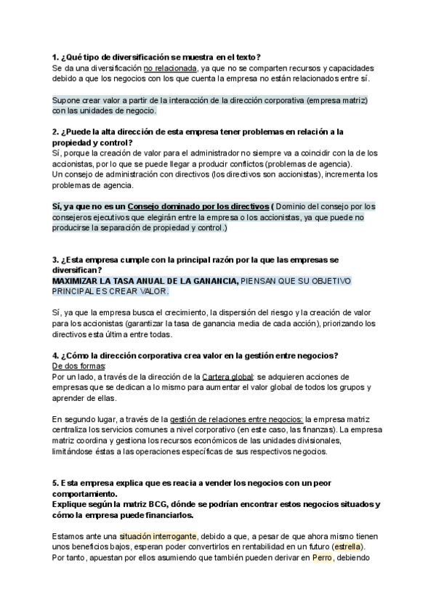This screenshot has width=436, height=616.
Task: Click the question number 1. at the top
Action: [55, 57]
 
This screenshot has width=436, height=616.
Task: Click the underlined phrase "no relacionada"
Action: [170, 68]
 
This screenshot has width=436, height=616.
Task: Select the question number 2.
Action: [55, 131]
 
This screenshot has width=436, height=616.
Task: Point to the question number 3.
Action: [55, 260]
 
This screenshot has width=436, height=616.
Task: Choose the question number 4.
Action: [55, 355]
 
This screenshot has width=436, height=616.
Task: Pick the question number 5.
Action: [55, 483]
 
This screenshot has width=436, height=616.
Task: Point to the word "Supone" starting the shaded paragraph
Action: [67, 100]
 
